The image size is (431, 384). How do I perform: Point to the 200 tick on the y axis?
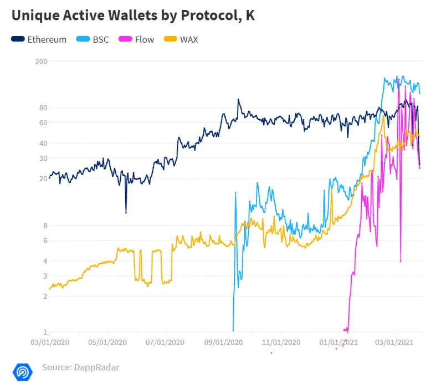pos(41,61)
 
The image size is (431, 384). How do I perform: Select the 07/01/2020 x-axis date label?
pos(165,342)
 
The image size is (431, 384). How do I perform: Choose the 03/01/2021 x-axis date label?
pos(393,342)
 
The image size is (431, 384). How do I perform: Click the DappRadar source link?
pos(96,367)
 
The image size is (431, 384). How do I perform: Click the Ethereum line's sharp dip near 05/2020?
pos(126,212)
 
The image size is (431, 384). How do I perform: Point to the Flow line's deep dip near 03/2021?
pos(400,261)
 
